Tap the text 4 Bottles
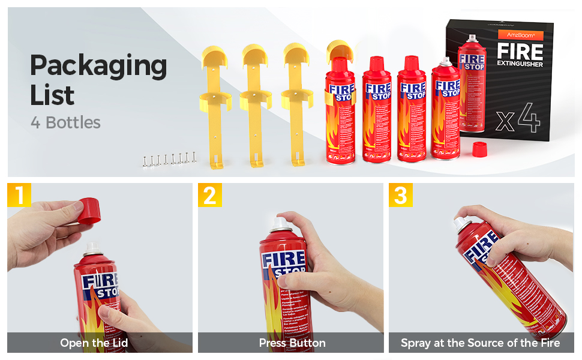(65, 123)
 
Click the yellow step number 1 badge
(19, 196)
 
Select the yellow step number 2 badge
(210, 196)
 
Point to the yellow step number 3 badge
(400, 196)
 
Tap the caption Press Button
(292, 343)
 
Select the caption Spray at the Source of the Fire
(480, 343)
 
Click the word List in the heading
(52, 95)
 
